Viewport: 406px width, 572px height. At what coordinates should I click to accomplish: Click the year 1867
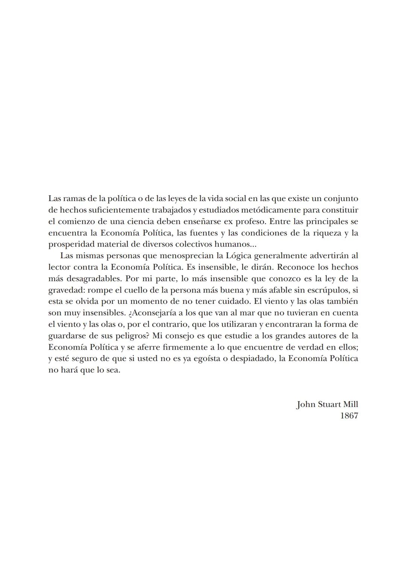point(349,416)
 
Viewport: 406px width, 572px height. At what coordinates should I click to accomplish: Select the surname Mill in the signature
point(350,404)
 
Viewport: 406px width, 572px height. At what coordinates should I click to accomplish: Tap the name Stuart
point(329,404)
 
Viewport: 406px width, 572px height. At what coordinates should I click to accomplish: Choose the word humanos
point(237,244)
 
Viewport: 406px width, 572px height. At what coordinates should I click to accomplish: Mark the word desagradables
point(94,279)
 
